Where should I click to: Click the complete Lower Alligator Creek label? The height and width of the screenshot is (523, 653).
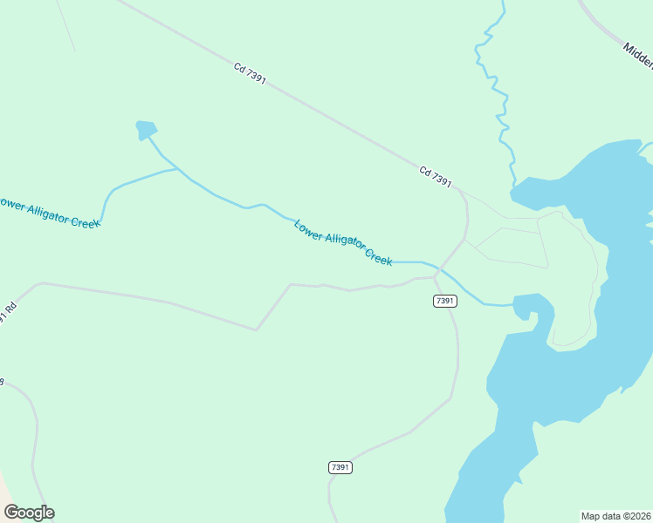coord(343,243)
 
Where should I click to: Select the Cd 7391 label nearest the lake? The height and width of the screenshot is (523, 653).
coord(435,177)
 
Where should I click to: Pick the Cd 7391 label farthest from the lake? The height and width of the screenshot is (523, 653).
coord(250,72)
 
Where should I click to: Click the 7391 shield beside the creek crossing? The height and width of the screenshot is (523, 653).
coord(444,301)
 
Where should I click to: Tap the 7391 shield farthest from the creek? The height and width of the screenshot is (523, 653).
coord(340,468)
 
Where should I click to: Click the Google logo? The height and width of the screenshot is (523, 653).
coord(29,513)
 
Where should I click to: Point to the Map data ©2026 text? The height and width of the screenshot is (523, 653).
coord(616,516)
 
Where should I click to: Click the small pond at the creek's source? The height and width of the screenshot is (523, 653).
coord(146,130)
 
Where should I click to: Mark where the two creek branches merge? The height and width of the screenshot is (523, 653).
coord(178,168)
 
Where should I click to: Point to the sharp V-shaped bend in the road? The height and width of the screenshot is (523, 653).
coord(256,329)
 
